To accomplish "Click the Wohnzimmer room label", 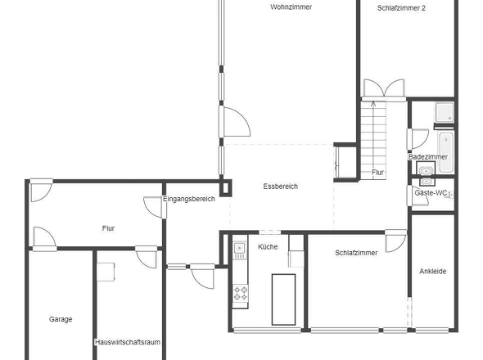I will [291, 7].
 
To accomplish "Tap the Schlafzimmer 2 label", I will [402, 7].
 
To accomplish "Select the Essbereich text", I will [281, 187].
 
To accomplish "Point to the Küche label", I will [268, 246].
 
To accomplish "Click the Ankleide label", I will [432, 271].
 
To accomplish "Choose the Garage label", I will [61, 319].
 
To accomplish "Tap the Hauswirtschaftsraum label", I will [126, 342].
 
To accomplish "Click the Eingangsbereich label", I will [188, 198].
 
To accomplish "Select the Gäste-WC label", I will [431, 193].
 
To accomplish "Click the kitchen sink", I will [240, 249].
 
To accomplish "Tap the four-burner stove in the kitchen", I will [241, 292].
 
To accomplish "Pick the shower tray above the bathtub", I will [444, 112].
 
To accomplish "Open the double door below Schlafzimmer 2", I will [383, 88].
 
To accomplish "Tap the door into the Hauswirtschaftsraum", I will [146, 258].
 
